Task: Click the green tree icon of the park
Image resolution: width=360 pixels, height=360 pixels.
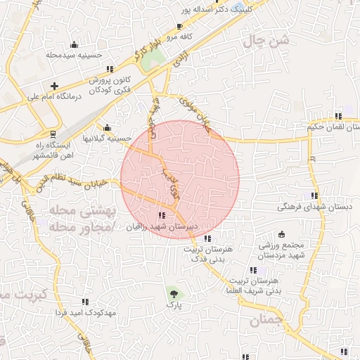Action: click(x=174, y=292)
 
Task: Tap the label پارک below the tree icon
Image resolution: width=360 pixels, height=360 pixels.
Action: click(x=174, y=306)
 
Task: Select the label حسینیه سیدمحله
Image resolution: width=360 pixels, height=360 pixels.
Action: click(x=75, y=54)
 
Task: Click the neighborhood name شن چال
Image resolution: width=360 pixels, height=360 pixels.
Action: click(x=266, y=41)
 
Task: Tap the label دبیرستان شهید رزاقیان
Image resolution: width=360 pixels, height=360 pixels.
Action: click(x=162, y=227)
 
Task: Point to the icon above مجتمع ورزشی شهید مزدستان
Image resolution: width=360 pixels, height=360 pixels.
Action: click(x=282, y=233)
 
